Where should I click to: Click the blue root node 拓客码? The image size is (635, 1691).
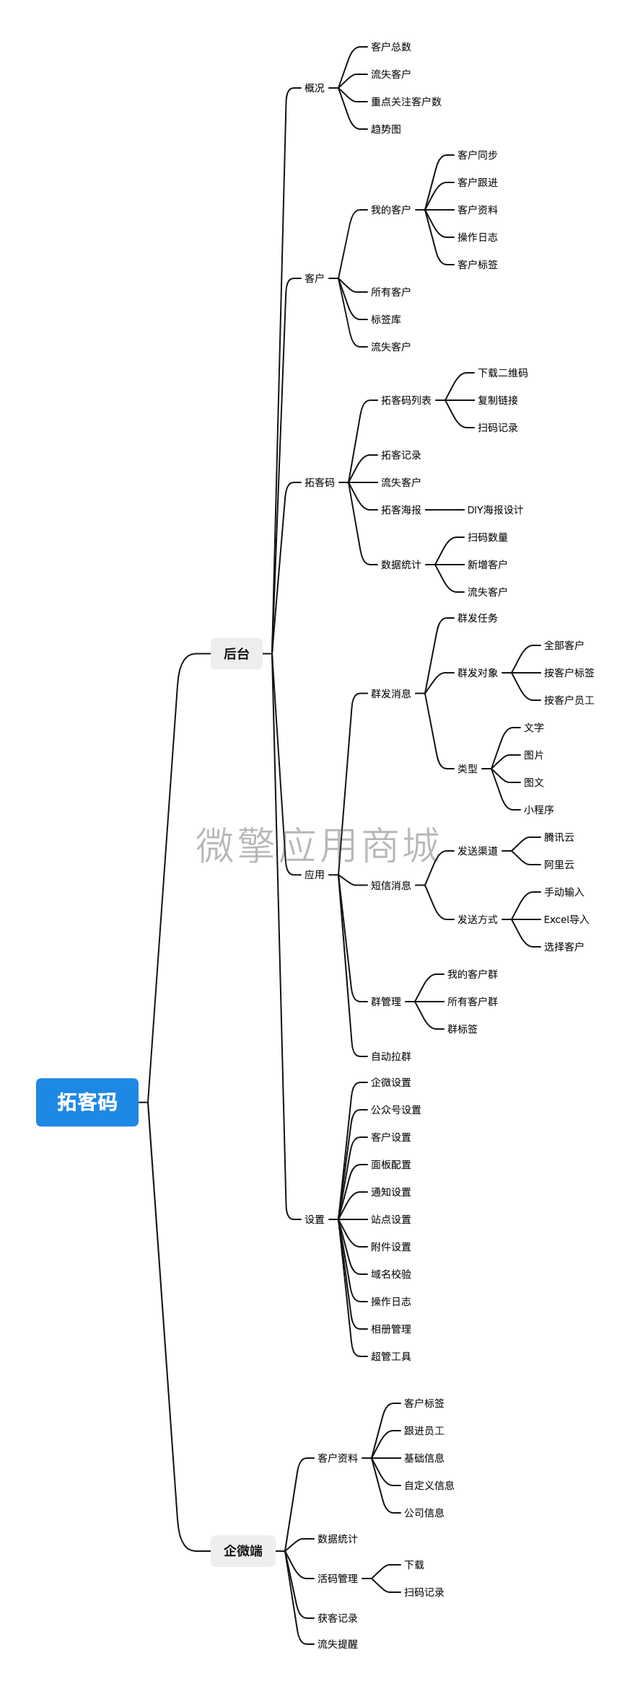(x=87, y=1102)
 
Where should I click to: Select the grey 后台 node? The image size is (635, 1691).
(x=237, y=653)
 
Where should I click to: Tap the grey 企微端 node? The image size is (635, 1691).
(x=243, y=1550)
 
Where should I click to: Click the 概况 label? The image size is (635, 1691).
(x=315, y=88)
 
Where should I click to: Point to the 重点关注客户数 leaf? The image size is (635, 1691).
(x=406, y=102)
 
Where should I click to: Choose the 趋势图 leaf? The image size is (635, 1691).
(x=386, y=129)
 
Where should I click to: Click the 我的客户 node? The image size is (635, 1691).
(x=390, y=210)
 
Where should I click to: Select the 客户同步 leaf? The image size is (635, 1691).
(x=478, y=155)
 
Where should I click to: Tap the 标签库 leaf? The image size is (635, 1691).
(x=386, y=319)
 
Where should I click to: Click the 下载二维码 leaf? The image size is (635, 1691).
(x=503, y=373)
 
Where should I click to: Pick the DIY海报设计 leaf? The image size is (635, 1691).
(x=495, y=510)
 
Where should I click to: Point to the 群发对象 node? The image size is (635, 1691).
(x=478, y=673)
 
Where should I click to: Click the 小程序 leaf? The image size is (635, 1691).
(x=539, y=810)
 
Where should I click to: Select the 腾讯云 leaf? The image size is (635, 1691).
(x=559, y=837)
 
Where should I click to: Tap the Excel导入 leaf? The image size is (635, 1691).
(x=566, y=919)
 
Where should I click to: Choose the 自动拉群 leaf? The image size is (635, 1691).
(x=391, y=1056)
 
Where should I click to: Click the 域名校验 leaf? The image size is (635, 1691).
(x=391, y=1274)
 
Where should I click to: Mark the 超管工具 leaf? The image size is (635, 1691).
(x=391, y=1356)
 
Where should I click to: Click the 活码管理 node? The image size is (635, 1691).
(x=338, y=1579)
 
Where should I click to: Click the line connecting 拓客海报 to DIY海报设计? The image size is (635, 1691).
(x=444, y=510)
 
